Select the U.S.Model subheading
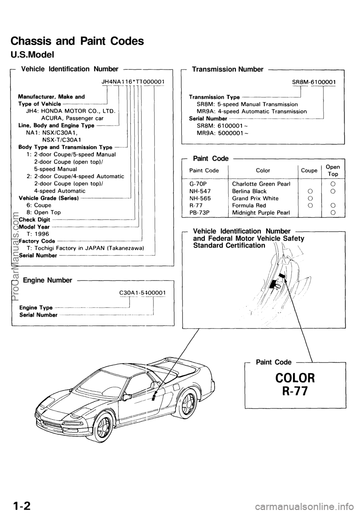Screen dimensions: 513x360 coord(33,55)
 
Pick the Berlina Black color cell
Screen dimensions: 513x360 coord(249,191)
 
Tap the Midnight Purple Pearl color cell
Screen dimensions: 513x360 coord(261,212)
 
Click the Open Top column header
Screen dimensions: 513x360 coord(332,170)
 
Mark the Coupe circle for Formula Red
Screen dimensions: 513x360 coord(309,205)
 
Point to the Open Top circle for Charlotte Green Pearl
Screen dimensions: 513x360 coord(333,184)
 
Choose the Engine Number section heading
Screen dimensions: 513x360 coord(47,280)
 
